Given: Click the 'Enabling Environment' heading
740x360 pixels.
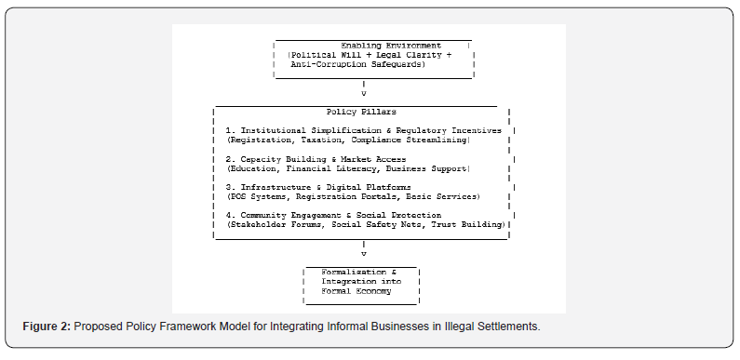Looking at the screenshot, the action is (x=391, y=46).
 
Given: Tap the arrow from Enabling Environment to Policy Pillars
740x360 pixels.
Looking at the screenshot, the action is (x=363, y=88).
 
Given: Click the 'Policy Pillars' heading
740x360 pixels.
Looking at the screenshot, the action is (x=361, y=112).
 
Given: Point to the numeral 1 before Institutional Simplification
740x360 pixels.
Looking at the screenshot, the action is (x=228, y=130).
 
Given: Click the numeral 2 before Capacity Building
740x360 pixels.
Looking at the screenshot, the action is (x=228, y=159).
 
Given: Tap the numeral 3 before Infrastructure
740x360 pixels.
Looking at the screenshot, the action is (x=228, y=187).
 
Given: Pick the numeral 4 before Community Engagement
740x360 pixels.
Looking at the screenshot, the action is (x=228, y=216).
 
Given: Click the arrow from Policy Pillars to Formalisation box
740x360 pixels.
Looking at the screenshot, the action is (x=363, y=248).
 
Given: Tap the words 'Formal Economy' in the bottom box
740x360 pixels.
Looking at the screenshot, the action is (x=357, y=291).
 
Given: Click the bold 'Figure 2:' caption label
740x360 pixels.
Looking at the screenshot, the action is (x=47, y=326).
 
